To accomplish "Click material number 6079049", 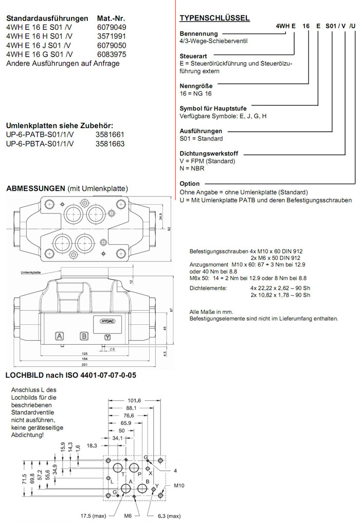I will (x=112, y=27).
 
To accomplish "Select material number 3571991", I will (x=111, y=36).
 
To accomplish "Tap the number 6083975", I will (x=112, y=54).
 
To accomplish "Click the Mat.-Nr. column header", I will (x=111, y=17).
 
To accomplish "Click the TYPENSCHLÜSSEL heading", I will (x=214, y=19).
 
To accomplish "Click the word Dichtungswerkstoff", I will (x=211, y=153).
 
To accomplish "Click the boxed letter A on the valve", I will (x=60, y=337).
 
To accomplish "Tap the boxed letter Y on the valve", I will (x=107, y=337).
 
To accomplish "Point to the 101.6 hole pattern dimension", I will (x=134, y=401).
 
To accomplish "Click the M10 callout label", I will (x=179, y=485).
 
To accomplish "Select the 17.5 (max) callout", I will (x=93, y=516).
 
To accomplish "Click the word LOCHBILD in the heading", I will (x=23, y=376).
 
